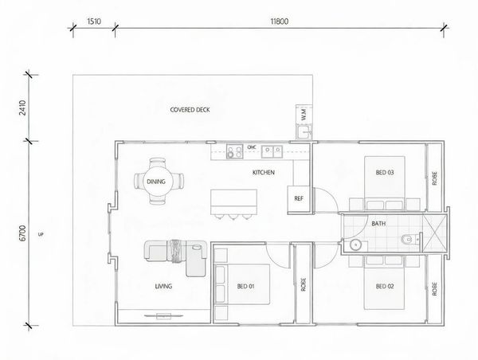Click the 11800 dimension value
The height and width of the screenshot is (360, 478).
click(x=280, y=22)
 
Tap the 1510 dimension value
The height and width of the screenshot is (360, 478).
click(x=94, y=22)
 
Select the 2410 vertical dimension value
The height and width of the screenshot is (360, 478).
click(x=23, y=108)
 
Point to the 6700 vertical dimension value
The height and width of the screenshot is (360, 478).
click(x=23, y=233)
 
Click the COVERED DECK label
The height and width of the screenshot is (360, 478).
click(x=190, y=110)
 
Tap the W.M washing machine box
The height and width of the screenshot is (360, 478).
click(x=304, y=115)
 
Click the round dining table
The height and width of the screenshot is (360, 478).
click(x=158, y=182)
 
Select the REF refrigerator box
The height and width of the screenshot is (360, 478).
click(x=299, y=199)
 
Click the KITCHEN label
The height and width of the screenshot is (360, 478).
click(x=264, y=173)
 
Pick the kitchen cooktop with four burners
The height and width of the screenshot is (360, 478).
click(x=235, y=151)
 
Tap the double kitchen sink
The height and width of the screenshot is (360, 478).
click(x=272, y=151)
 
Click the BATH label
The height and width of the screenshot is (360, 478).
click(x=378, y=224)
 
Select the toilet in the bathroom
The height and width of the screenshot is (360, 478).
click(x=409, y=240)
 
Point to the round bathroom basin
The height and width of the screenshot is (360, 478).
click(x=355, y=245)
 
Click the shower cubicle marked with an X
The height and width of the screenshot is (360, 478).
click(x=434, y=233)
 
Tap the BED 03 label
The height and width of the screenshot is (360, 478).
click(x=385, y=173)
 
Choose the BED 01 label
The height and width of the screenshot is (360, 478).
click(x=245, y=286)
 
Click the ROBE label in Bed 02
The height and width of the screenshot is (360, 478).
click(x=435, y=289)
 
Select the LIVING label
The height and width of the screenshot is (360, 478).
click(x=163, y=286)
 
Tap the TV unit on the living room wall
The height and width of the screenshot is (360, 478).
click(x=163, y=316)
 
